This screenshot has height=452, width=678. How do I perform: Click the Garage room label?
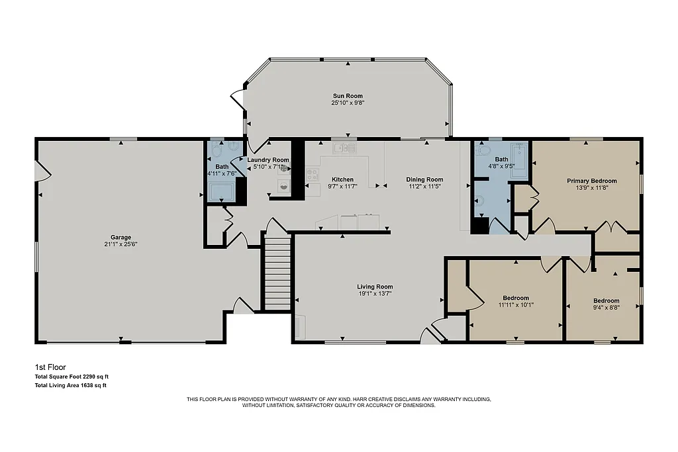click(120, 237)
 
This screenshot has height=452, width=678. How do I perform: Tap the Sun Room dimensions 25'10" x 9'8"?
click(348, 103)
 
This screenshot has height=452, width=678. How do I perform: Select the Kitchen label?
click(342, 179)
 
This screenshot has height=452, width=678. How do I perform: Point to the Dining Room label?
click(424, 179)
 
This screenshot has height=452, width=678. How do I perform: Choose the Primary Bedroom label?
click(591, 181)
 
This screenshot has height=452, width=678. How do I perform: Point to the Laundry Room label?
click(268, 159)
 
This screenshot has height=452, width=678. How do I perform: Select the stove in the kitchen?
click(311, 175)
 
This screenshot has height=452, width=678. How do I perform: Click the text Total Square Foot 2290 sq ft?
click(71, 377)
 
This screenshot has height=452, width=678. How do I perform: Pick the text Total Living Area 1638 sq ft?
click(70, 384)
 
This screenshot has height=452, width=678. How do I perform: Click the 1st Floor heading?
click(50, 367)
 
